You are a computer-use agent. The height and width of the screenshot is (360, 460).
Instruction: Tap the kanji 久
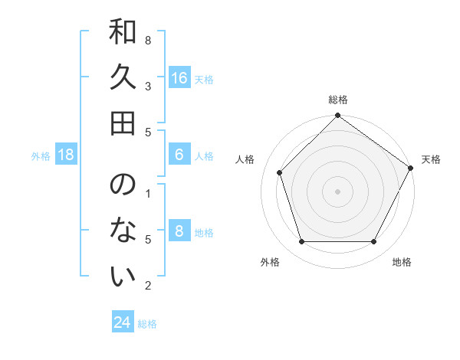(123, 79)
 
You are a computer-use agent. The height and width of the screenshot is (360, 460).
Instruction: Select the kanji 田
(123, 123)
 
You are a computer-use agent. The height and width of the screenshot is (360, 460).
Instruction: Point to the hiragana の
(123, 186)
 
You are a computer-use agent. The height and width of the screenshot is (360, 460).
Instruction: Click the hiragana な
(123, 231)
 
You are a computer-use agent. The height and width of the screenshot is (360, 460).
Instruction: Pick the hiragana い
(123, 275)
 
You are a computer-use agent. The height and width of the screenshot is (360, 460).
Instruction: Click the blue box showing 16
(179, 78)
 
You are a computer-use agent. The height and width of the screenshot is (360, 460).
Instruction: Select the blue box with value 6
(179, 155)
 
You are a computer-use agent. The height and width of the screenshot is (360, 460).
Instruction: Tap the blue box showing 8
(179, 231)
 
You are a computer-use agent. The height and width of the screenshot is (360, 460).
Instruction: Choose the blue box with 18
(66, 155)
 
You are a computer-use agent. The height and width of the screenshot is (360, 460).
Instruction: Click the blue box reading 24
(123, 322)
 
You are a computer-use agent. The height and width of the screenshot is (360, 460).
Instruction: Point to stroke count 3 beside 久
(147, 87)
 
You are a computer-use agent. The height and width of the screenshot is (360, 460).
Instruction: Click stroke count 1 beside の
(147, 193)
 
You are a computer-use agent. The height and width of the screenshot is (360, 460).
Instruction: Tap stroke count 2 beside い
(147, 286)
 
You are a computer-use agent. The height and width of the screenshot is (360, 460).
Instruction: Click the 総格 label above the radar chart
(337, 100)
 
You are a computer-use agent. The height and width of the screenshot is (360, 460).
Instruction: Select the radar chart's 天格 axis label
(431, 159)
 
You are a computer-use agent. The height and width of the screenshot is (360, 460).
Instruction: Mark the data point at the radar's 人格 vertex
(280, 172)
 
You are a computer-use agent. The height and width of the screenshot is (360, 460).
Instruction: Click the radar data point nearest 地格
(374, 242)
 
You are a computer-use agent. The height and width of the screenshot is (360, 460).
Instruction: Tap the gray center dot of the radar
(337, 191)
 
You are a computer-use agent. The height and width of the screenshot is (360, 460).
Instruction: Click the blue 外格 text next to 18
(41, 156)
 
